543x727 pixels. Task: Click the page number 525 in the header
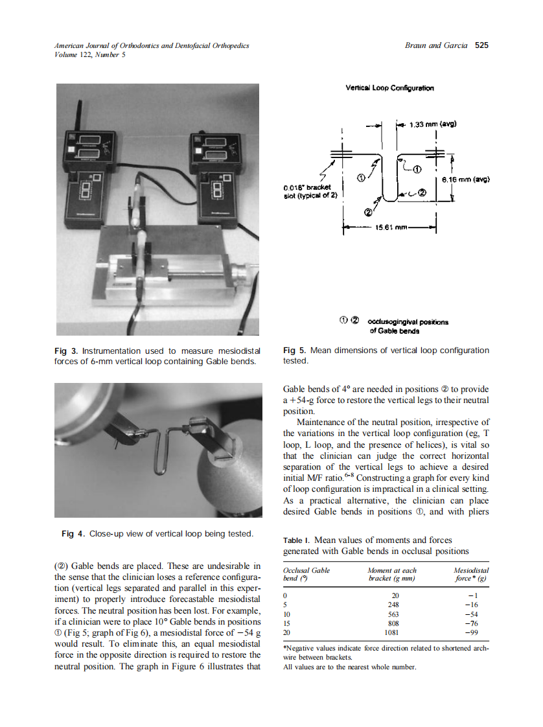pyautogui.click(x=481, y=45)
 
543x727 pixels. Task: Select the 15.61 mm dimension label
pyautogui.click(x=390, y=227)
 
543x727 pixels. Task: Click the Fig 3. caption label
pyautogui.click(x=66, y=351)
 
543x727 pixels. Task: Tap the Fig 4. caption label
pyautogui.click(x=73, y=533)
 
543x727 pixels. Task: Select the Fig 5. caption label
pyautogui.click(x=295, y=351)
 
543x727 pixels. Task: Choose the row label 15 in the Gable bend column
pyautogui.click(x=288, y=623)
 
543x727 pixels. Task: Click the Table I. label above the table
pyautogui.click(x=295, y=540)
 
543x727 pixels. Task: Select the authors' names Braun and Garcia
pyautogui.click(x=435, y=45)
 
